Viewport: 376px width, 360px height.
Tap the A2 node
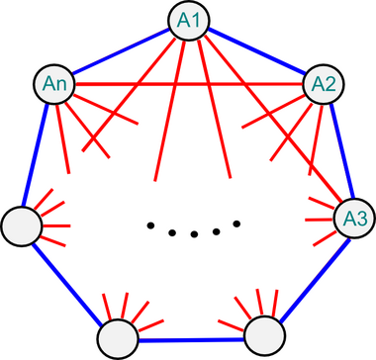coord(321,85)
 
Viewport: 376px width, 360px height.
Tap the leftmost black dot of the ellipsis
coord(150,226)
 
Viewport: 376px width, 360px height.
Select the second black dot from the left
coord(172,232)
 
